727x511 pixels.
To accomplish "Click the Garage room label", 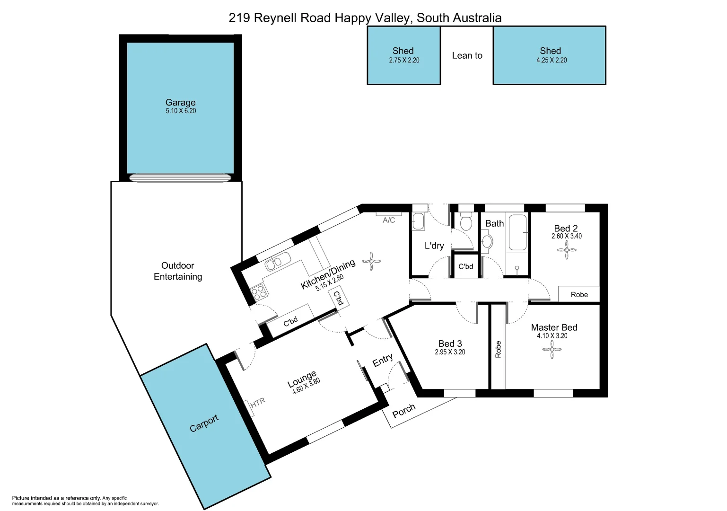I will coord(180,102).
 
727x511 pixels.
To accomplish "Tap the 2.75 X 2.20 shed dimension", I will coord(404,60).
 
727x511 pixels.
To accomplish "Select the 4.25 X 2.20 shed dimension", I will coord(551,60).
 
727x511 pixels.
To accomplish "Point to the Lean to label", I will coord(467,55).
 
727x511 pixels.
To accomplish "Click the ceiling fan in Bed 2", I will coord(566,250).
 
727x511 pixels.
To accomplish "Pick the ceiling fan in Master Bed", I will coord(552,350).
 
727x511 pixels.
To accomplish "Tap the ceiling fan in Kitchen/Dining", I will coord(371,261).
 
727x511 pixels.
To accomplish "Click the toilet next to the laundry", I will coord(466,222).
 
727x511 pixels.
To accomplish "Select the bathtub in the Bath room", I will coord(517,232).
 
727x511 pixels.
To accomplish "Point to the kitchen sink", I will coord(277,262).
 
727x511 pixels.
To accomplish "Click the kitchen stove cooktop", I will coord(259,291).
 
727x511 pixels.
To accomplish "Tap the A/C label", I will coord(389,220).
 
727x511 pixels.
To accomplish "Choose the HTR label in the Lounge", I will coord(258,403).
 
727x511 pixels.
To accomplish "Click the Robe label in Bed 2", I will coord(579,294).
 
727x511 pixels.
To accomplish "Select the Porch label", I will coord(403,411).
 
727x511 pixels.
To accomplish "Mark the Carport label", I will coord(204,423).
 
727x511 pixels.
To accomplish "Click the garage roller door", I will coord(180,178).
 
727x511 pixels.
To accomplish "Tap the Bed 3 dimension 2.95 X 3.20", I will coord(450,352).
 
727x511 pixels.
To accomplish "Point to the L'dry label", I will coord(434,246).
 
